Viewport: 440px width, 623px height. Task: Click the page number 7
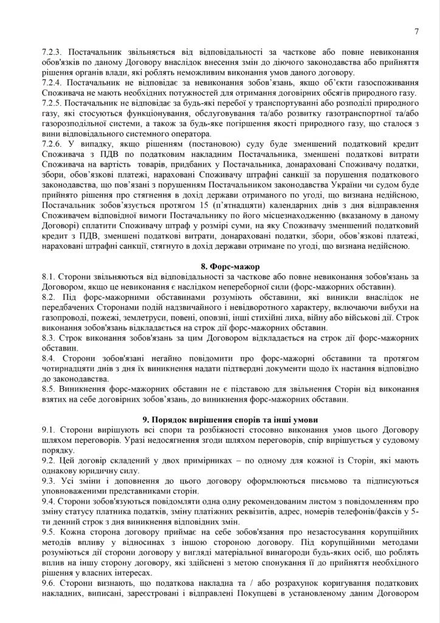pos(417,32)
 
